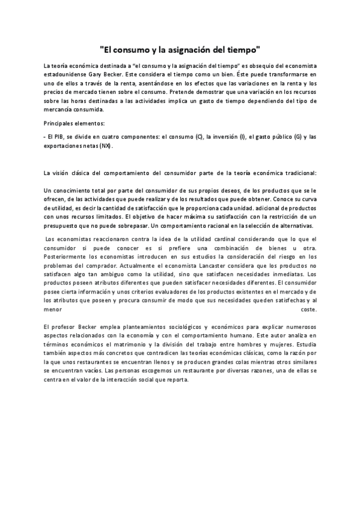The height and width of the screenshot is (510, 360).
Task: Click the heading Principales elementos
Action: coord(73,123)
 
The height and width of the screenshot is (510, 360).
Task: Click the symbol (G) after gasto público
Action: coord(298,137)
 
